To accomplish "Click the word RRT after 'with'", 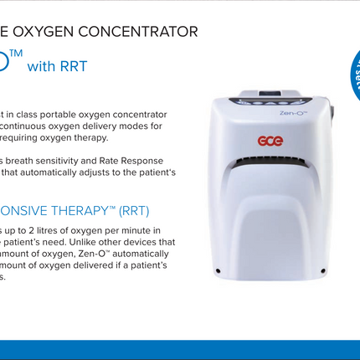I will (72, 65).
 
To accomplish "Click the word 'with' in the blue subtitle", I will (40, 66).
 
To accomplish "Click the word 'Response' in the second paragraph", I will (162, 160).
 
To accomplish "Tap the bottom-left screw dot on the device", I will (219, 270).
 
